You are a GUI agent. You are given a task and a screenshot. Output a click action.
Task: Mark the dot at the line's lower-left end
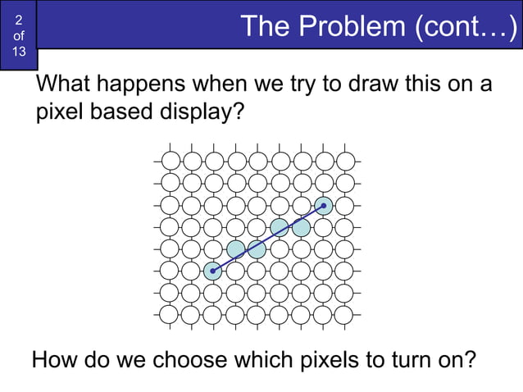click(213, 271)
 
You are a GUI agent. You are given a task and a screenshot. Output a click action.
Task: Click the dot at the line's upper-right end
click(324, 205)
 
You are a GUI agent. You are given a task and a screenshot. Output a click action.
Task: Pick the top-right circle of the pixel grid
click(346, 159)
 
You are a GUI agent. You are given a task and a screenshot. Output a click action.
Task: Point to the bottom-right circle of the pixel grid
click(346, 313)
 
